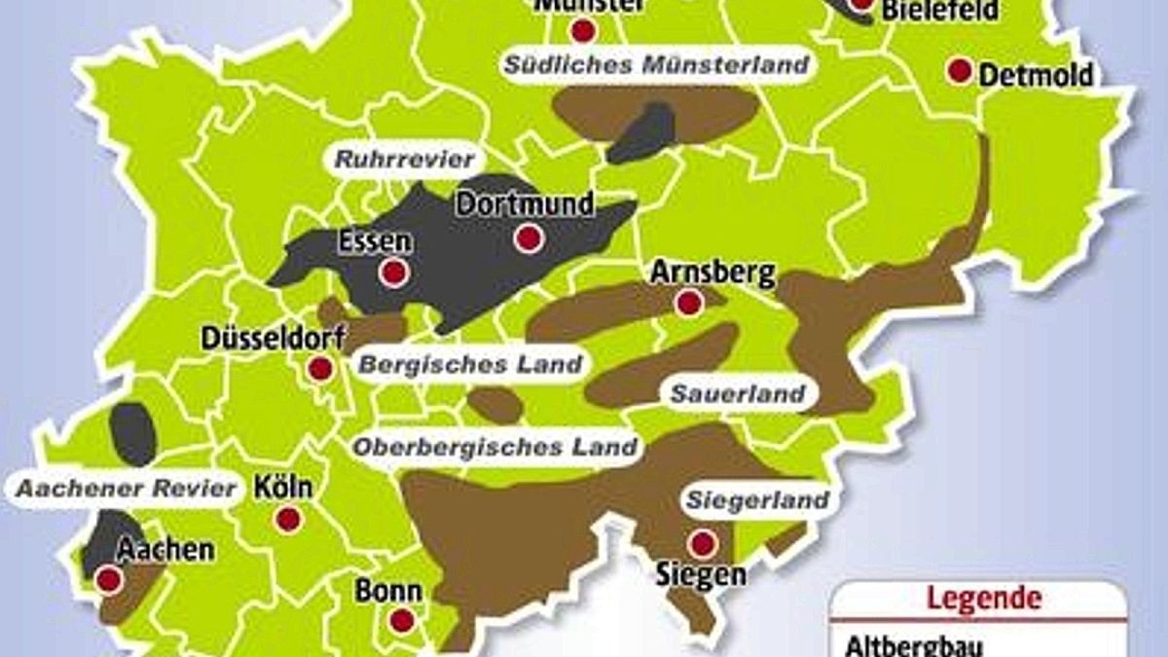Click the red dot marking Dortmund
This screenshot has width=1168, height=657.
click(x=529, y=238)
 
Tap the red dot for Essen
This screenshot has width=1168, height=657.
click(x=393, y=273)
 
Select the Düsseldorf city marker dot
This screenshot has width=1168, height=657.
click(x=318, y=370)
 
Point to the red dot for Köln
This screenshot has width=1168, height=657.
click(x=288, y=519)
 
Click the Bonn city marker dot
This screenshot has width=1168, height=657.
click(x=402, y=620)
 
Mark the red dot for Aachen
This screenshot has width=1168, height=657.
click(x=109, y=581)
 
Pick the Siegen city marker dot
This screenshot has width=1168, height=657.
click(x=701, y=543)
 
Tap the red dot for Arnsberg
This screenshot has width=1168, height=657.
click(x=689, y=303)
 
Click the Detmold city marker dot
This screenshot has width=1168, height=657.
click(x=961, y=71)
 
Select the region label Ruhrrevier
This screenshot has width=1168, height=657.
click(x=405, y=159)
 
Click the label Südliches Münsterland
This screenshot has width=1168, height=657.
click(x=657, y=65)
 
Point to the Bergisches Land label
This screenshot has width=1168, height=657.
click(x=471, y=365)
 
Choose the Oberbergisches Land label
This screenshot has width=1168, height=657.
click(x=496, y=448)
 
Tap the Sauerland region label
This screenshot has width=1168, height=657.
click(x=738, y=394)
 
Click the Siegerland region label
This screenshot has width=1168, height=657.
click(x=758, y=500)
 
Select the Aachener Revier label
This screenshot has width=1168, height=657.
click(x=127, y=488)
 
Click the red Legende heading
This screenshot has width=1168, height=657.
click(x=983, y=597)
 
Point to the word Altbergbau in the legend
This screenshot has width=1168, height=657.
click(x=900, y=645)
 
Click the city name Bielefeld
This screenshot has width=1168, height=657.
click(x=940, y=11)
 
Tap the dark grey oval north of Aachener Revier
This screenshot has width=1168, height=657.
click(x=133, y=433)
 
